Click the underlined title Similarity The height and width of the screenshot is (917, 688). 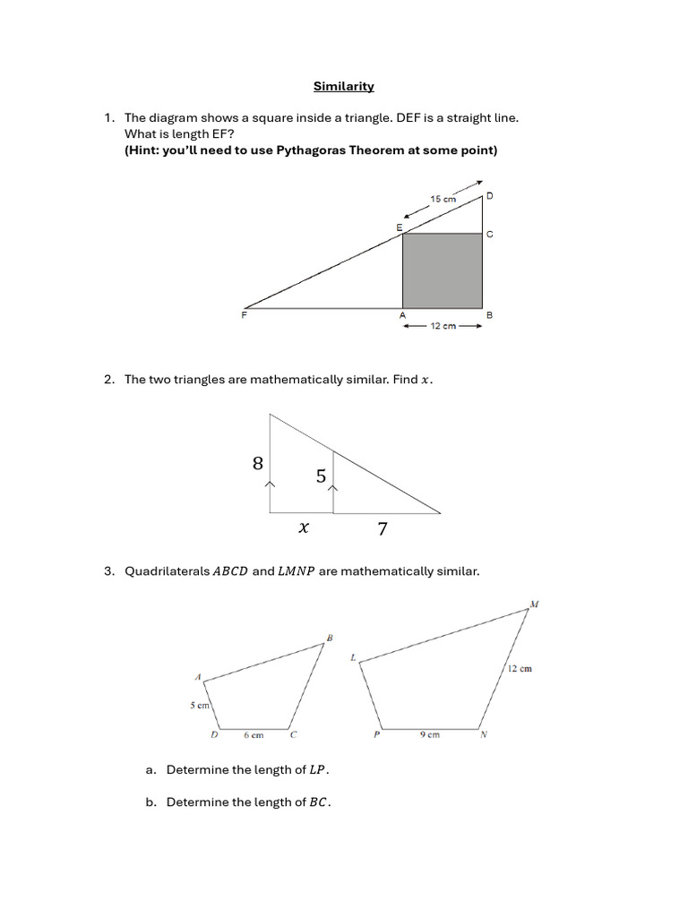344,87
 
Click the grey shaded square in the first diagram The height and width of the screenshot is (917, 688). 443,270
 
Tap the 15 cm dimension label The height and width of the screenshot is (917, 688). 443,199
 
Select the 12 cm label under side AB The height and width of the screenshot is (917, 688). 443,327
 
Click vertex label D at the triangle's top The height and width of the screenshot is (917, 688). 489,195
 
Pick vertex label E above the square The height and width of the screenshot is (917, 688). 400,227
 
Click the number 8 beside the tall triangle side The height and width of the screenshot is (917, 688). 258,464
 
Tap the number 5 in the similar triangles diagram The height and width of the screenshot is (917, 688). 321,476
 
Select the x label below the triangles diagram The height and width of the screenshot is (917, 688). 304,528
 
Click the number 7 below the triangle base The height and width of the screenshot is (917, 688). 383,529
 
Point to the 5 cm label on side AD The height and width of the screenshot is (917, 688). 199,706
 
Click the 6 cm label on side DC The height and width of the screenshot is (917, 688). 254,736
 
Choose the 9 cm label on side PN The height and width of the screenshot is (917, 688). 430,736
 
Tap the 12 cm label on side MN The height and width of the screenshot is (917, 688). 520,669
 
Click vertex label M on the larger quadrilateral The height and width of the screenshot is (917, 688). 534,604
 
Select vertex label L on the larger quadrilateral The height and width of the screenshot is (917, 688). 353,658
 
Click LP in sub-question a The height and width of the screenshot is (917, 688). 318,770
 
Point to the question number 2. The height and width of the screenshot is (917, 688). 107,380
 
